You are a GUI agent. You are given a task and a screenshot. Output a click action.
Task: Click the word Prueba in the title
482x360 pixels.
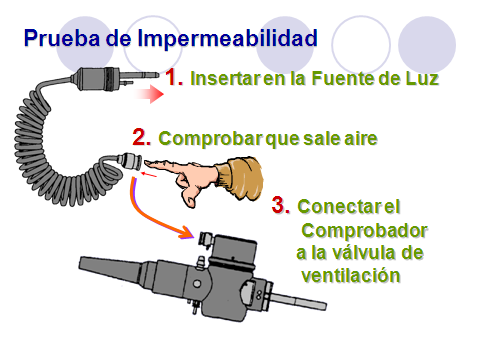click(x=62, y=37)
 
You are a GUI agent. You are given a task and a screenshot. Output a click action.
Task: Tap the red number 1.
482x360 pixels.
click(x=174, y=77)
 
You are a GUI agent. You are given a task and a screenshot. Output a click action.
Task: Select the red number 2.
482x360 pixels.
click(x=142, y=137)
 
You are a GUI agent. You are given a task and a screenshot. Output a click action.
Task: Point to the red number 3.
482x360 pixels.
click(x=281, y=205)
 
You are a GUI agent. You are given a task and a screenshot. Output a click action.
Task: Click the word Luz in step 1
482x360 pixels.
click(x=422, y=79)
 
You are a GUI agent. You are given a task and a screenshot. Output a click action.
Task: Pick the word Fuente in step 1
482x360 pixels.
click(x=343, y=79)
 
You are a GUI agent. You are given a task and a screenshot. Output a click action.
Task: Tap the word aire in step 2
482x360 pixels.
click(x=361, y=138)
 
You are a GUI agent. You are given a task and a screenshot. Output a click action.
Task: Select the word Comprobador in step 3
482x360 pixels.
click(x=364, y=231)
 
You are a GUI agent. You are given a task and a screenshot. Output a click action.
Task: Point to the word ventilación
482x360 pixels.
click(x=351, y=276)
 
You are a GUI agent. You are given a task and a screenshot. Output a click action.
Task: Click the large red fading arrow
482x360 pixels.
click(x=149, y=94)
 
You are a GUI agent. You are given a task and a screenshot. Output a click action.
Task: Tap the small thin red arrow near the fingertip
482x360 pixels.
click(x=149, y=174)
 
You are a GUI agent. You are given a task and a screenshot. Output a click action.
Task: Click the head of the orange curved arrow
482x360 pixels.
click(x=187, y=232)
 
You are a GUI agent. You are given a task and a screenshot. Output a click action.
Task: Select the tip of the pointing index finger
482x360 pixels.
click(x=145, y=163)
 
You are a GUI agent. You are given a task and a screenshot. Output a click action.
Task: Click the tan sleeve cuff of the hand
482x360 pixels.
click(x=244, y=178)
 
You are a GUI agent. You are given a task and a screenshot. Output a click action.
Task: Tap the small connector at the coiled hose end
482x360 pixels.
click(x=129, y=161)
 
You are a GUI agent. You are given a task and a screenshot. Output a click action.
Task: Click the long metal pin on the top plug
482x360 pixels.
click(x=139, y=75)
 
